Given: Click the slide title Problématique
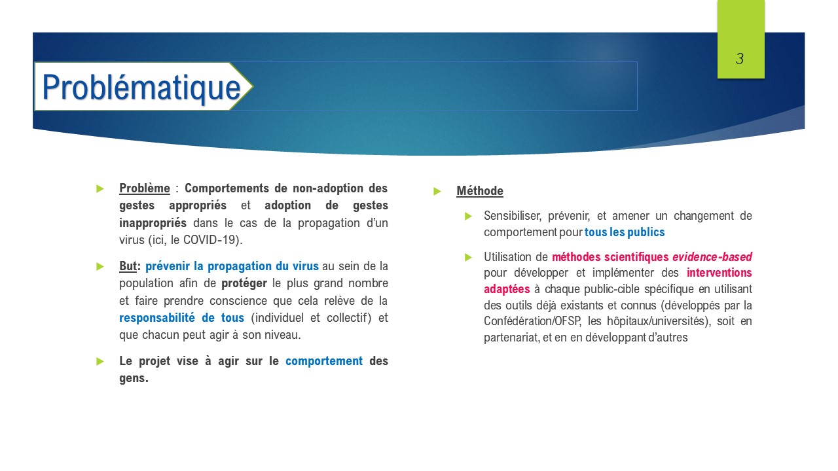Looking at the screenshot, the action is (x=141, y=88).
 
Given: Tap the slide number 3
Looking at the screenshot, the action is (x=740, y=59).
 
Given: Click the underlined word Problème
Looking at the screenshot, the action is (x=145, y=188).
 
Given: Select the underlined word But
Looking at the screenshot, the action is (x=128, y=266).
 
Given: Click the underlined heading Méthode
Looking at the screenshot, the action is (x=480, y=190).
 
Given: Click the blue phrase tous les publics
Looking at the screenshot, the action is (x=625, y=232).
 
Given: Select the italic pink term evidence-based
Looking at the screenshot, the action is (x=712, y=257).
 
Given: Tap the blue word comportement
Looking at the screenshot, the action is (x=324, y=361).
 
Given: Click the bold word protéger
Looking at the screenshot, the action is (x=244, y=283).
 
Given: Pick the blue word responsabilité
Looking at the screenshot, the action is (x=156, y=318).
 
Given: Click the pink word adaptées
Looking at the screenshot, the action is (x=507, y=289).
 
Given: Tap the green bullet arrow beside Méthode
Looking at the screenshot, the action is (x=437, y=192).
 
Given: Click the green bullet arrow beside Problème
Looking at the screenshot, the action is (x=100, y=188).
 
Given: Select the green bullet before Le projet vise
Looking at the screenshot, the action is (x=100, y=361).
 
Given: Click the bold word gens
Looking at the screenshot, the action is (x=134, y=378).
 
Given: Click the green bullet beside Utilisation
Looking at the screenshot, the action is (x=468, y=257).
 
